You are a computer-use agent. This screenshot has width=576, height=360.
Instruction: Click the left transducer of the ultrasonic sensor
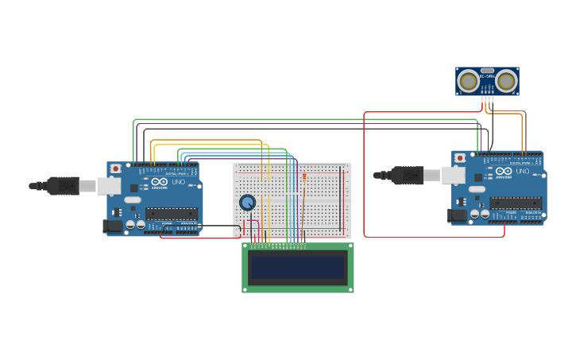coord(469,80)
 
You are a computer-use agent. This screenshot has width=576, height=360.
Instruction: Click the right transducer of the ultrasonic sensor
coord(506,80)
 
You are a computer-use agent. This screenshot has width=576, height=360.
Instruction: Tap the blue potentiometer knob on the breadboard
coord(248,203)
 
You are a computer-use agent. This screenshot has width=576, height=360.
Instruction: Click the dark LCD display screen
coord(298,268)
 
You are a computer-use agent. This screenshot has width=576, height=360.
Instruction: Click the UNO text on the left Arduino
coord(178,182)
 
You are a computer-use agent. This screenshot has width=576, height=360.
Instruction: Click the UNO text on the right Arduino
coord(522,171)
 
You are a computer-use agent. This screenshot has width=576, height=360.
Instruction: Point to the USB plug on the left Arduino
coord(64,186)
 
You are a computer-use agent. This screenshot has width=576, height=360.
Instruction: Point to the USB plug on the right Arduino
coord(408,174)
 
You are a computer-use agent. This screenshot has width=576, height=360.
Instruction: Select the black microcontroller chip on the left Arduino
coord(172,213)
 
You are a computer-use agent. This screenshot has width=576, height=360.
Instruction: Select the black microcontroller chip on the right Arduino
coord(516,203)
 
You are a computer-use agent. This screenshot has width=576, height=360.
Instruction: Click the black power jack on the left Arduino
coord(113,226)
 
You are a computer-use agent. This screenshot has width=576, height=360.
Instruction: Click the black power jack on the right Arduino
coord(458,215)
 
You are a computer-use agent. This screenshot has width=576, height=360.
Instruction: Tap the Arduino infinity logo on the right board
coord(504,172)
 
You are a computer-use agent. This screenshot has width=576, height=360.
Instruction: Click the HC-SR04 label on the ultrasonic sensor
coord(487,75)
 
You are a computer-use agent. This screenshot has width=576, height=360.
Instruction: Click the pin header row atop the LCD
coord(278,246)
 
